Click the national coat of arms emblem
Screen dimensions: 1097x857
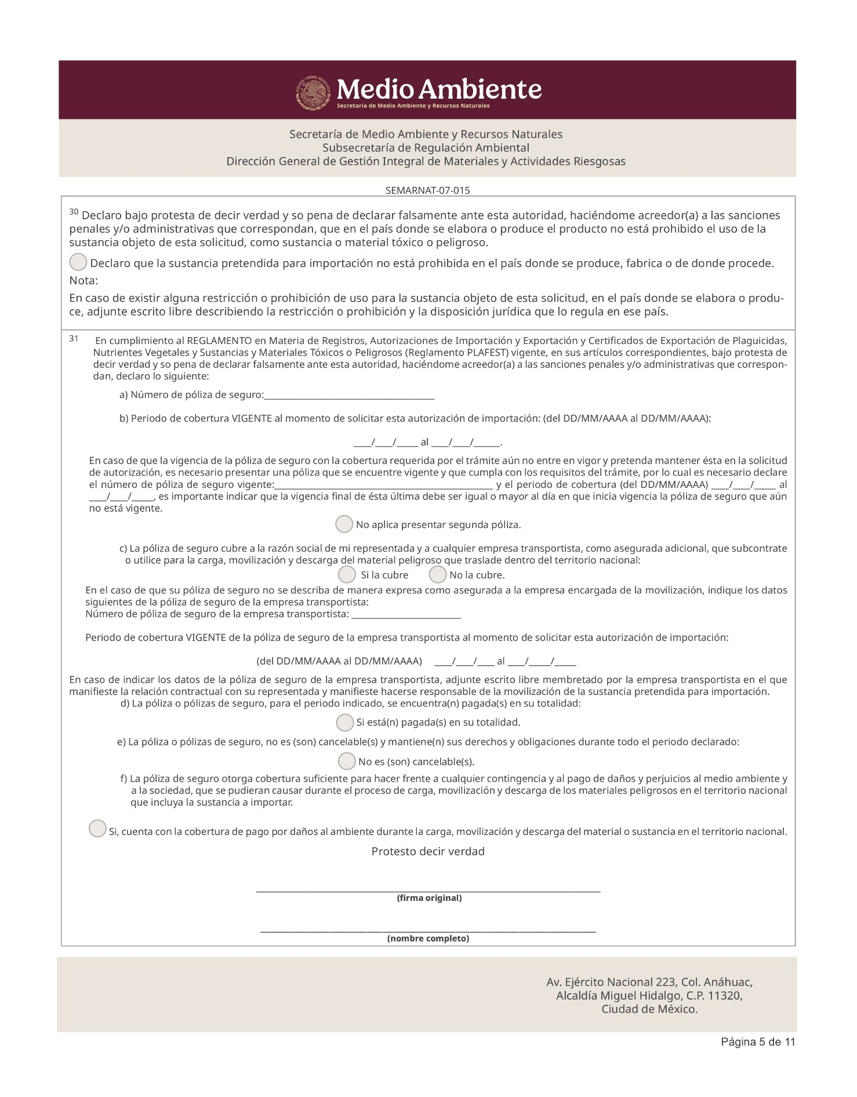[314, 93]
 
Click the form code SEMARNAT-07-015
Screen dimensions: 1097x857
[428, 190]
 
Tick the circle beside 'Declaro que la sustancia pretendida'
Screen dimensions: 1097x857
[78, 263]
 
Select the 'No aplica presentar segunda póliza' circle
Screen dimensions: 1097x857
[344, 524]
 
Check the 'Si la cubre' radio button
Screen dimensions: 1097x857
[347, 575]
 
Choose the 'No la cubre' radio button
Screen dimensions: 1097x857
[438, 575]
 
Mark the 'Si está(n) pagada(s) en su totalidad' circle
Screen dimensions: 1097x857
[345, 723]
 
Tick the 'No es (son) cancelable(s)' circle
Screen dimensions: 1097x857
[347, 761]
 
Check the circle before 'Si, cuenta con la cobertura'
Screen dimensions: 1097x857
[97, 828]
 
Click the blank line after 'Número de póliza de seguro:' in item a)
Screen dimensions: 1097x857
[349, 397]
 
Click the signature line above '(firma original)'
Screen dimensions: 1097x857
[428, 889]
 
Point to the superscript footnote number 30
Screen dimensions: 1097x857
[74, 212]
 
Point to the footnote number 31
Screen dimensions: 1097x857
[74, 338]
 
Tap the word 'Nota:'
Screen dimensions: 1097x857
[83, 281]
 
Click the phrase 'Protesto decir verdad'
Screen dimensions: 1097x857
[428, 852]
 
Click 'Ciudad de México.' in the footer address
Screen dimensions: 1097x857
[649, 1009]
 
